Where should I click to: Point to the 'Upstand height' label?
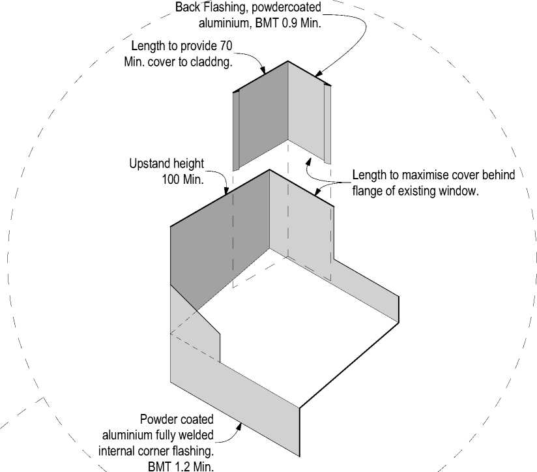coord(166,164)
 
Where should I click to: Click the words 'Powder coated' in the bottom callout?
coord(176,420)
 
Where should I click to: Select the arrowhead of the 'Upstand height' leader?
coord(226,192)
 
